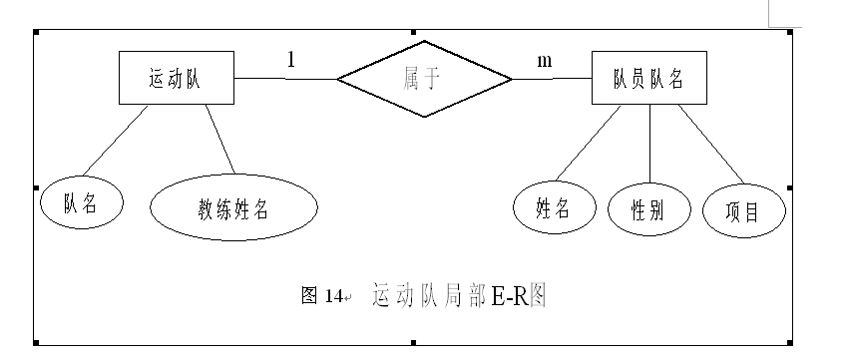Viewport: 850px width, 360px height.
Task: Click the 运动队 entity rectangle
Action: pyautogui.click(x=176, y=80)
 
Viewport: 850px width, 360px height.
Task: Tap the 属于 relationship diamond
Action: pyautogui.click(x=423, y=79)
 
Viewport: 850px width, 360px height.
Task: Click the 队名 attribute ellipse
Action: pyautogui.click(x=81, y=203)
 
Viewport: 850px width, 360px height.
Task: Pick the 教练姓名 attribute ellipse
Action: pyautogui.click(x=233, y=210)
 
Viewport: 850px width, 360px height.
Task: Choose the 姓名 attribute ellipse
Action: pyautogui.click(x=553, y=207)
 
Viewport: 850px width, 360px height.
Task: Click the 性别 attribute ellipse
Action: pyautogui.click(x=649, y=209)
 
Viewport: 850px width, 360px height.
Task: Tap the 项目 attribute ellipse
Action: pyautogui.click(x=744, y=210)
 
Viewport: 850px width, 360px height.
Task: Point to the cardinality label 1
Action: pyautogui.click(x=291, y=60)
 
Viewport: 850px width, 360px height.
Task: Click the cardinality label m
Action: pyautogui.click(x=545, y=60)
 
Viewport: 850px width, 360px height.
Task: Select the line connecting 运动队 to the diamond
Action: pyautogui.click(x=285, y=78)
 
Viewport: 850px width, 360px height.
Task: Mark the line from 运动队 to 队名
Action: pyautogui.click(x=115, y=143)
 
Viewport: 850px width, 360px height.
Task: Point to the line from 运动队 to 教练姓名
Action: pyautogui.click(x=221, y=140)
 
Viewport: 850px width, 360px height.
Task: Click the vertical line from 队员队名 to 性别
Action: pyautogui.click(x=650, y=145)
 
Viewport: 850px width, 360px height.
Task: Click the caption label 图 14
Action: pyautogui.click(x=321, y=296)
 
